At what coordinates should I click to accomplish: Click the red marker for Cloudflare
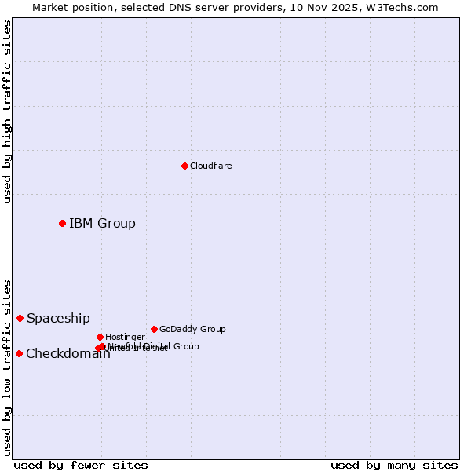tap(184, 166)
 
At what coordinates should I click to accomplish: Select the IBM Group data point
tap(62, 223)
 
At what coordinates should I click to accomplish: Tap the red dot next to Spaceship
tap(20, 318)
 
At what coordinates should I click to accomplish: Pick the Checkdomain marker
tap(19, 353)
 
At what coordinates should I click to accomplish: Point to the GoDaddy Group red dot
tap(154, 329)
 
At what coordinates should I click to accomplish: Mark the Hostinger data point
tap(100, 337)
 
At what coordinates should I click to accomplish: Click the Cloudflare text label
tap(210, 166)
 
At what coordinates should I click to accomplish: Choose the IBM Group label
tap(102, 223)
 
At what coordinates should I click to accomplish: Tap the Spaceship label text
tap(58, 318)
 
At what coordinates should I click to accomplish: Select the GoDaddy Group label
tap(192, 329)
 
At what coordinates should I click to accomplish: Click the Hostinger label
tap(125, 337)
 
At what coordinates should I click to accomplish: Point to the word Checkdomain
tap(68, 353)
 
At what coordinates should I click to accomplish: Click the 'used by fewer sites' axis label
tap(81, 465)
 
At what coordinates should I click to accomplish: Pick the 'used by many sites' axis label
tap(394, 465)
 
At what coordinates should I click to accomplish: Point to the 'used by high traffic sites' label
tap(7, 111)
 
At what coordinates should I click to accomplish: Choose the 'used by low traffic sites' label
tap(7, 367)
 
